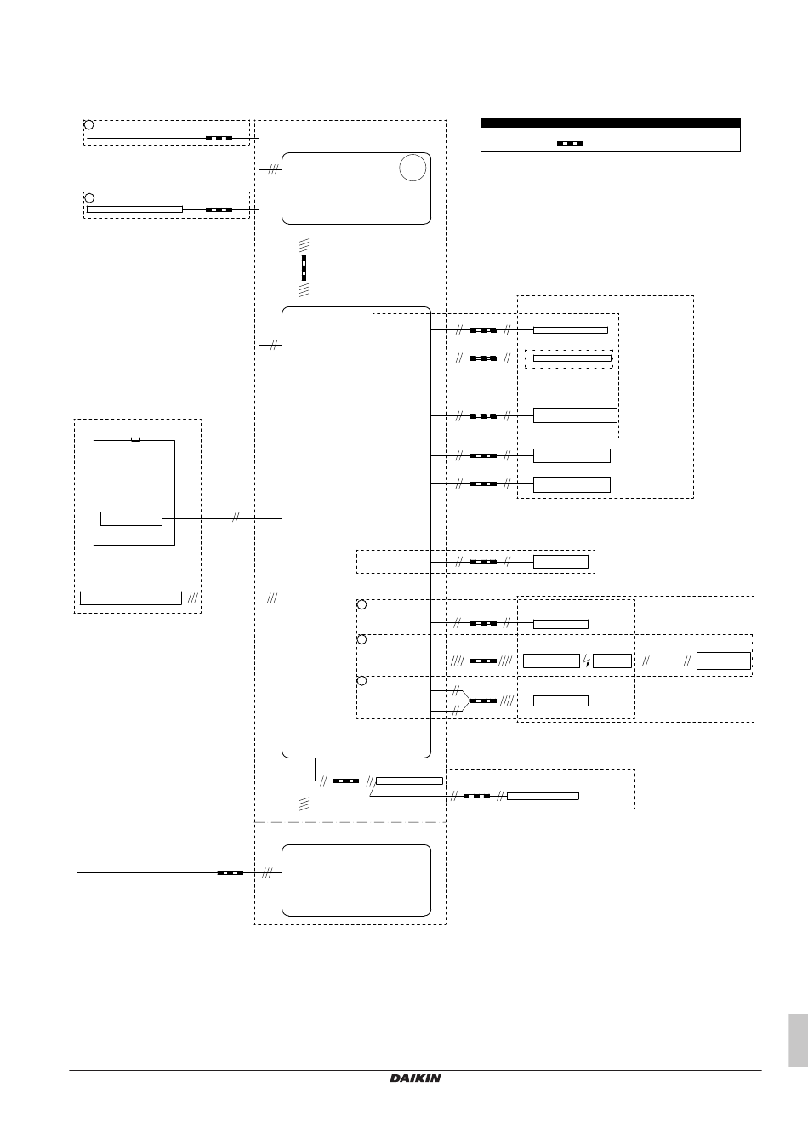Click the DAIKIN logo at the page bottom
click(415, 1078)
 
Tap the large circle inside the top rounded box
click(413, 168)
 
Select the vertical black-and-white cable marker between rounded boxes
click(304, 268)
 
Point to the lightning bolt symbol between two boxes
click(587, 661)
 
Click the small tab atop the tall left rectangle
click(136, 439)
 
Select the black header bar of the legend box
click(611, 123)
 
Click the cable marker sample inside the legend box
click(570, 144)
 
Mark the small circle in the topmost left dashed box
click(88, 124)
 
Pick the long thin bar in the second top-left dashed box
click(134, 209)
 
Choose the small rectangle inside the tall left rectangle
click(131, 518)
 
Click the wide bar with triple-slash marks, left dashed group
click(131, 598)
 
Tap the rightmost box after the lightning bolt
click(723, 661)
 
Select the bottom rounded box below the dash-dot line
click(356, 880)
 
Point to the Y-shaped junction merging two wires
click(464, 701)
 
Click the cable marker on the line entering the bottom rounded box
click(230, 872)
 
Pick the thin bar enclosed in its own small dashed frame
click(572, 358)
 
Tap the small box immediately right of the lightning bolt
click(612, 661)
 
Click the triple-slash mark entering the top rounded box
click(273, 169)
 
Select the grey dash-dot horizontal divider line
click(350, 822)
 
